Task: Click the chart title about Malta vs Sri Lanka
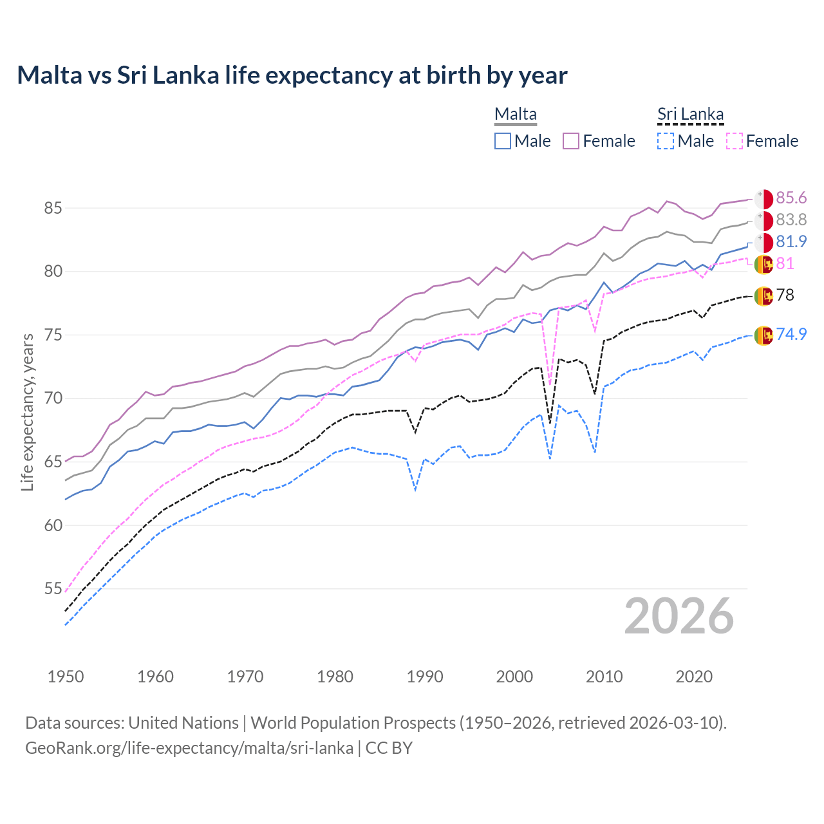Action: (x=292, y=75)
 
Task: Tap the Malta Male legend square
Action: (x=503, y=141)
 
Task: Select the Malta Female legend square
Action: (x=571, y=141)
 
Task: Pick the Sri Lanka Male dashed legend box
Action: (x=666, y=141)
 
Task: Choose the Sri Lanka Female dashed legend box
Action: (x=734, y=141)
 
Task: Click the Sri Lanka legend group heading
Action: (x=690, y=115)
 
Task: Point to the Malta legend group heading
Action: (x=515, y=115)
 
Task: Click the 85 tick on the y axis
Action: (x=53, y=208)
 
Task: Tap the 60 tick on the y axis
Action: (x=53, y=525)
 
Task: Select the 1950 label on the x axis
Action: (x=66, y=677)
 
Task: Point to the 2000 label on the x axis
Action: (x=514, y=677)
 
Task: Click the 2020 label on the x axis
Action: (x=694, y=677)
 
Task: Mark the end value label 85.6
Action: (x=791, y=198)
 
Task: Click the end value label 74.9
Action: (x=791, y=334)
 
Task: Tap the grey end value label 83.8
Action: (x=791, y=220)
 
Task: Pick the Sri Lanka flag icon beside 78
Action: (x=763, y=295)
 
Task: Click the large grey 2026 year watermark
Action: (x=679, y=617)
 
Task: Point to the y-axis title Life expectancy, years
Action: (x=28, y=412)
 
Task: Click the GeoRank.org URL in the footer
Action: (x=189, y=748)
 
